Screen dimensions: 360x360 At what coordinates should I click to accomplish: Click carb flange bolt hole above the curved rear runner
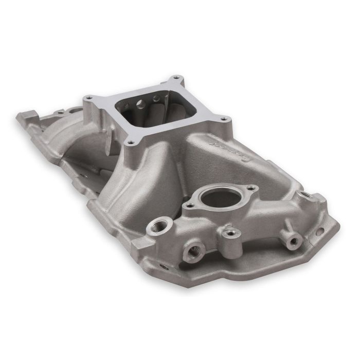coord(89,98)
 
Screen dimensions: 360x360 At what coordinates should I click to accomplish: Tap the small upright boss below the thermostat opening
coord(232,232)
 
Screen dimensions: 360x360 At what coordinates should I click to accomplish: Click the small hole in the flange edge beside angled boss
coord(320,232)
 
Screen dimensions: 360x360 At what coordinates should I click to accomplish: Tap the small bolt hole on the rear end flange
coord(61,112)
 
